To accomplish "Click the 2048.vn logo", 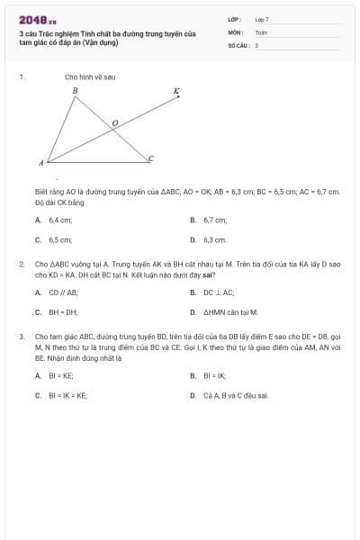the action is pyautogui.click(x=37, y=19).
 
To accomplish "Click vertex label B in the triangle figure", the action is pyautogui.click(x=75, y=91).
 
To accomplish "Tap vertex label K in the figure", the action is pyautogui.click(x=176, y=91).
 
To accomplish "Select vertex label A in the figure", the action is pyautogui.click(x=40, y=164).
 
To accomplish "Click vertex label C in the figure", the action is pyautogui.click(x=151, y=158).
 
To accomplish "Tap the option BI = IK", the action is pyautogui.click(x=214, y=374).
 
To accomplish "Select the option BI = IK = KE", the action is pyautogui.click(x=68, y=395).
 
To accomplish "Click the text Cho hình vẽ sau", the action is pyautogui.click(x=90, y=77).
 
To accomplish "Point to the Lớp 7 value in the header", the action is pyautogui.click(x=262, y=18).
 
